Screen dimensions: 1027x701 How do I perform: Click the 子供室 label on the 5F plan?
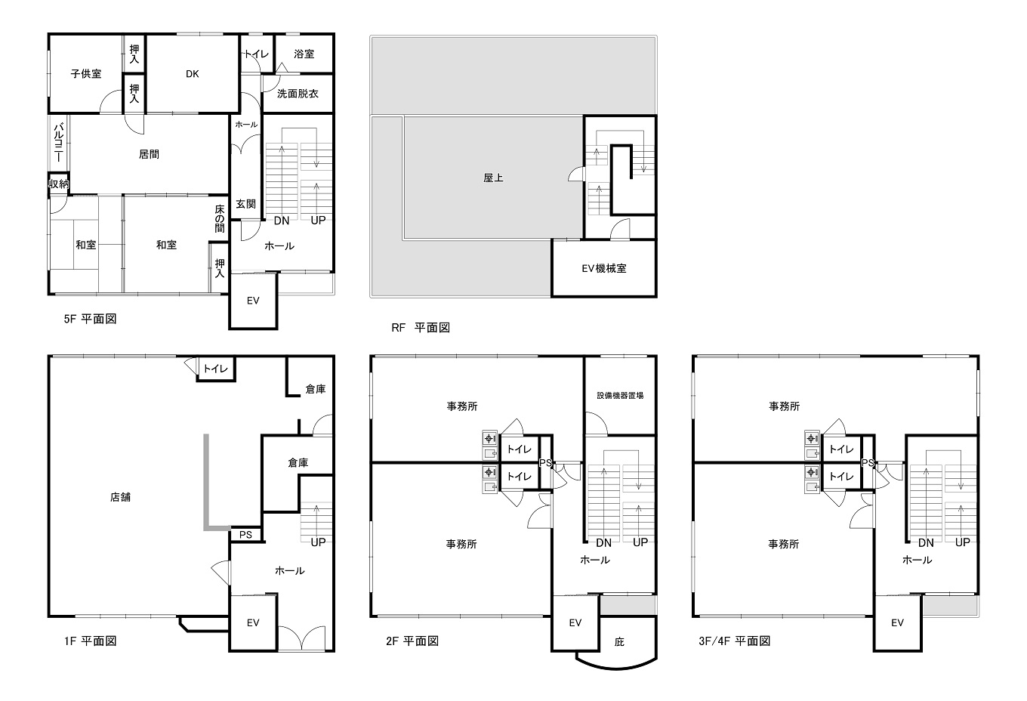coord(86,74)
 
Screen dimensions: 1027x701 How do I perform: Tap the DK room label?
coord(192,74)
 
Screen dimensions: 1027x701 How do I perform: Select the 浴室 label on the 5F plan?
coord(304,54)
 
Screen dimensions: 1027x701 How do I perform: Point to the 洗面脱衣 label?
coord(298,94)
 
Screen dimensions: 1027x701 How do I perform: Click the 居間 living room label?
coord(149,155)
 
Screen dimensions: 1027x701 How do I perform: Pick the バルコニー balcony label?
coord(59,142)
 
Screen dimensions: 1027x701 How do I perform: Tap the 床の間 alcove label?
coord(220,218)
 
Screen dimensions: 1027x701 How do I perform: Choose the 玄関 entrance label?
coord(245,204)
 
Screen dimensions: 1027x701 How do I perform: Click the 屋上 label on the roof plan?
coord(493,178)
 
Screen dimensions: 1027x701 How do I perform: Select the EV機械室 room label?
coord(604,269)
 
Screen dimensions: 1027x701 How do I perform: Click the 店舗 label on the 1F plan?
coord(120,497)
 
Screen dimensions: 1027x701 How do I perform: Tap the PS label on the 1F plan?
coord(245,535)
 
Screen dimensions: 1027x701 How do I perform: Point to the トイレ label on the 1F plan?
coord(215,369)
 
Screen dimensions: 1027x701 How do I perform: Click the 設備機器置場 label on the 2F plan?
coord(620,396)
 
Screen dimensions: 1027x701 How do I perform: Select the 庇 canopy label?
coord(619,642)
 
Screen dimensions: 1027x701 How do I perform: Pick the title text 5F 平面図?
coord(91,320)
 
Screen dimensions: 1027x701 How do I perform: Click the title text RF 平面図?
coord(421,328)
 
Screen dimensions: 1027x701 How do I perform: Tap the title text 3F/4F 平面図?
coord(735,641)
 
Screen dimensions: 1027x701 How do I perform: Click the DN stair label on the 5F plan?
coord(282,221)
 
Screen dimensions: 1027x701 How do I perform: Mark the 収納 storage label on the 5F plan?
coord(59,184)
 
